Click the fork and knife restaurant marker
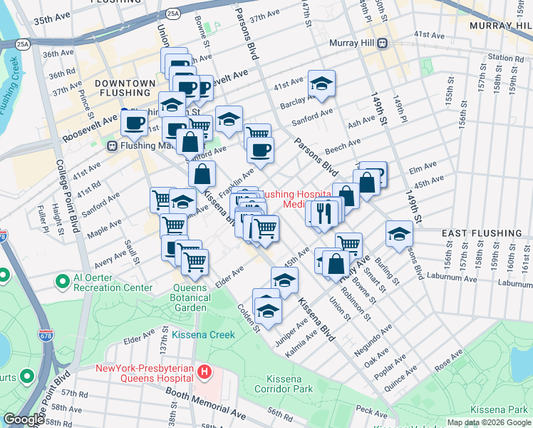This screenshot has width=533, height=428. (x=324, y=212)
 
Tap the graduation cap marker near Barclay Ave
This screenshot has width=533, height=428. (x=322, y=85)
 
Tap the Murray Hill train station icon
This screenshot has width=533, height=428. (x=383, y=43)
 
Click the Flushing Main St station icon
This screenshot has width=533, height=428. (x=112, y=146)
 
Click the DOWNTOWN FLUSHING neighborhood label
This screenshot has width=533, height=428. (x=125, y=88)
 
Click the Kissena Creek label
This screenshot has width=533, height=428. (x=202, y=334)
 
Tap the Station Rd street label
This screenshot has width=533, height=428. (x=506, y=58)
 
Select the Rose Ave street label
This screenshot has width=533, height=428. (x=447, y=365)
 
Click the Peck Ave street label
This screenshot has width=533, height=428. (x=371, y=410)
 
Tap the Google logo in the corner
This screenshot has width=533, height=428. (x=24, y=419)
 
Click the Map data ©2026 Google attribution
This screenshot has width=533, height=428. (x=488, y=422)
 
